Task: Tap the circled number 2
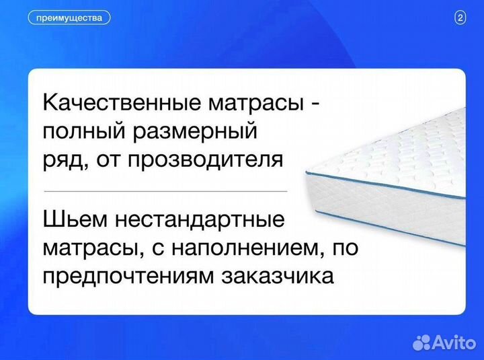(460, 18)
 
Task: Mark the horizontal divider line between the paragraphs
(165, 190)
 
